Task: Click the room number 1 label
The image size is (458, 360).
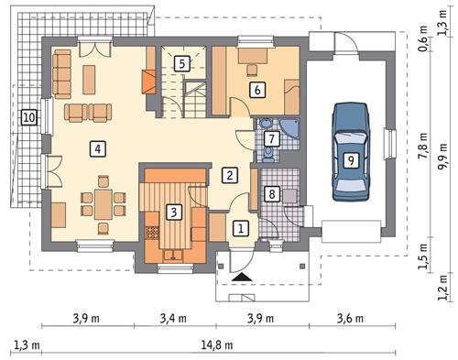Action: tap(239, 228)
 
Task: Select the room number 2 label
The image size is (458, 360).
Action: tap(231, 174)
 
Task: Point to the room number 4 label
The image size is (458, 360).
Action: tap(96, 147)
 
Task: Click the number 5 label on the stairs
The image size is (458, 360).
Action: tap(182, 63)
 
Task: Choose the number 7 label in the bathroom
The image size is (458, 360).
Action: tap(270, 138)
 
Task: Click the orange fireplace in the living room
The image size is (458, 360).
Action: tap(147, 81)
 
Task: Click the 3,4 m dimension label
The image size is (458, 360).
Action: tap(173, 319)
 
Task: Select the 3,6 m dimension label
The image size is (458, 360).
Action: tap(349, 319)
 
